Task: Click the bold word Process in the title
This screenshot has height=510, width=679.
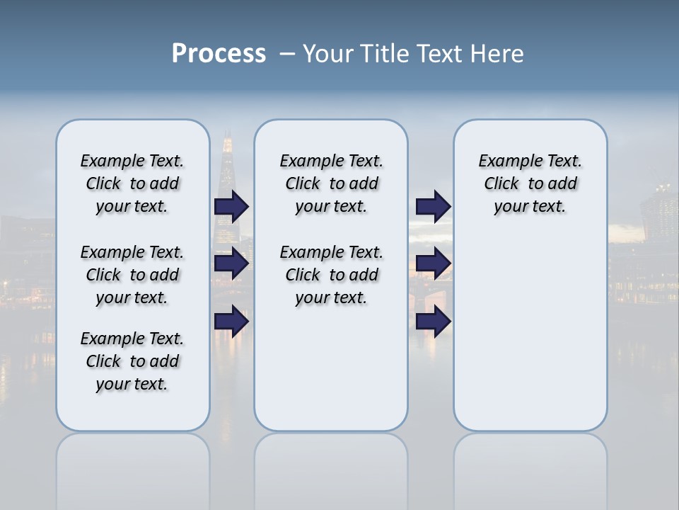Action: tap(219, 54)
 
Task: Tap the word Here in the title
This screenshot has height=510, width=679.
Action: tap(498, 54)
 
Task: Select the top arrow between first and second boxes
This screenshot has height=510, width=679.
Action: tap(231, 207)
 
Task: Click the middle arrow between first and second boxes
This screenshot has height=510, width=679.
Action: tap(231, 263)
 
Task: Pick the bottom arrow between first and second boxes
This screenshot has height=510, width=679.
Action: tap(231, 322)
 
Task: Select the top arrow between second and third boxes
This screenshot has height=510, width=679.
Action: tap(433, 207)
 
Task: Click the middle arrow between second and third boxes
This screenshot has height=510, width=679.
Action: tap(433, 263)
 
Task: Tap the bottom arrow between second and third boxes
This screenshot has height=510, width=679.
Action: tap(433, 322)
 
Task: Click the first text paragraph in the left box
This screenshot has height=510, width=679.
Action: tap(132, 184)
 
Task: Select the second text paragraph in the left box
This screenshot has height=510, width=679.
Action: tap(132, 275)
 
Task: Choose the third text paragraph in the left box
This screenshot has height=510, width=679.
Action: tap(132, 361)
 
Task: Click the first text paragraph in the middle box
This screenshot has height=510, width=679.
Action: tap(331, 184)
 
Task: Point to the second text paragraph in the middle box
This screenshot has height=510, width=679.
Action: tap(331, 275)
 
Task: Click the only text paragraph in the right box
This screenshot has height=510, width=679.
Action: tap(530, 184)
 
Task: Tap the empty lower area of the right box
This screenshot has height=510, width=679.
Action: tap(530, 333)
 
